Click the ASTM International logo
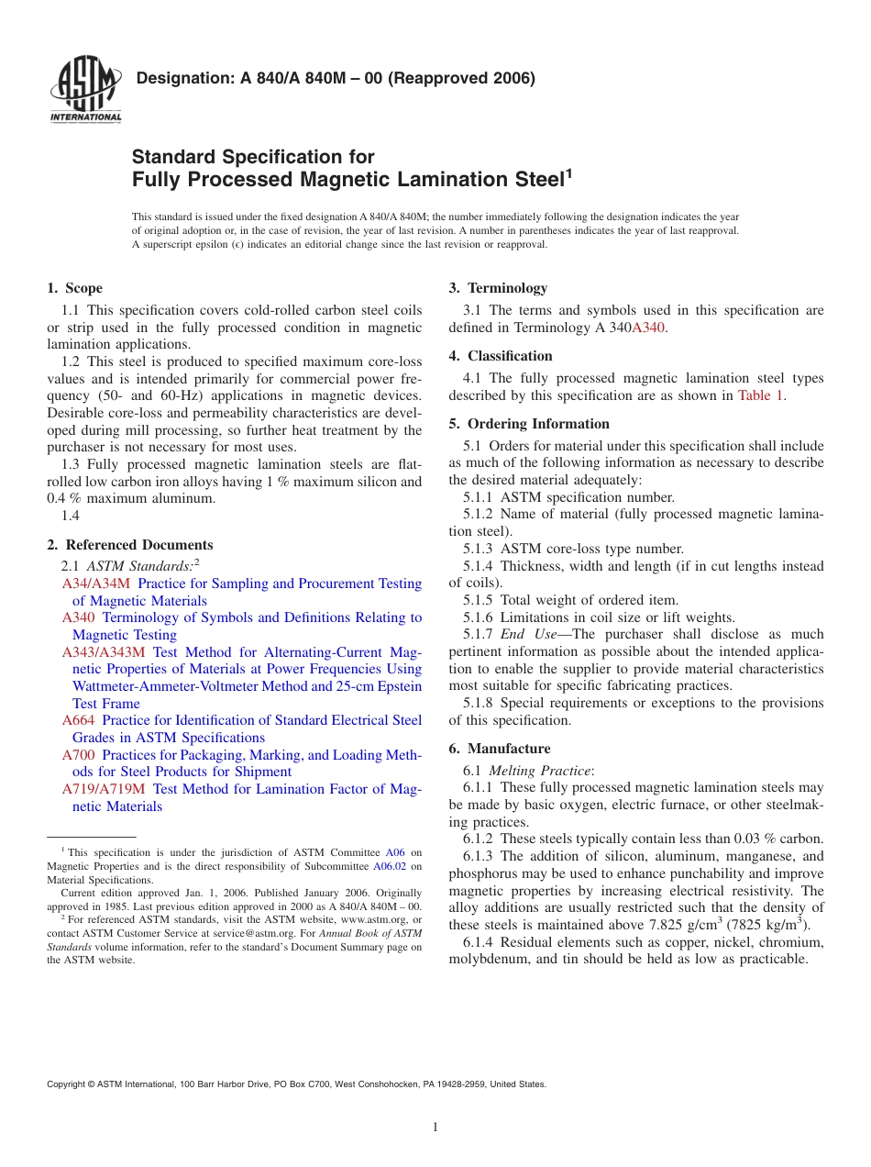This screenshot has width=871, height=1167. click(85, 89)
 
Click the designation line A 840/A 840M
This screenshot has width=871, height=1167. click(335, 78)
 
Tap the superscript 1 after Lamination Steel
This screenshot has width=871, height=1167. click(568, 171)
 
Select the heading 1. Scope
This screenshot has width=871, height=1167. click(75, 288)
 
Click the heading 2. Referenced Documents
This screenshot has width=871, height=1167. click(129, 545)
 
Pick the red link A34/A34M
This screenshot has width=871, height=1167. click(96, 583)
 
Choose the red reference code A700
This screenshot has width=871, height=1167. click(78, 755)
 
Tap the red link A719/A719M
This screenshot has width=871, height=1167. click(104, 789)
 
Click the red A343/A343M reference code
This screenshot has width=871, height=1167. click(104, 652)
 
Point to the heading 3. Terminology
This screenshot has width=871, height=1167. click(498, 288)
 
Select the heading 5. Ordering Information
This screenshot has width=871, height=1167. click(529, 424)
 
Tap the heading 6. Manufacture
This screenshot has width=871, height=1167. click(500, 749)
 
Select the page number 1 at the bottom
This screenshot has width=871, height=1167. click(435, 1128)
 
